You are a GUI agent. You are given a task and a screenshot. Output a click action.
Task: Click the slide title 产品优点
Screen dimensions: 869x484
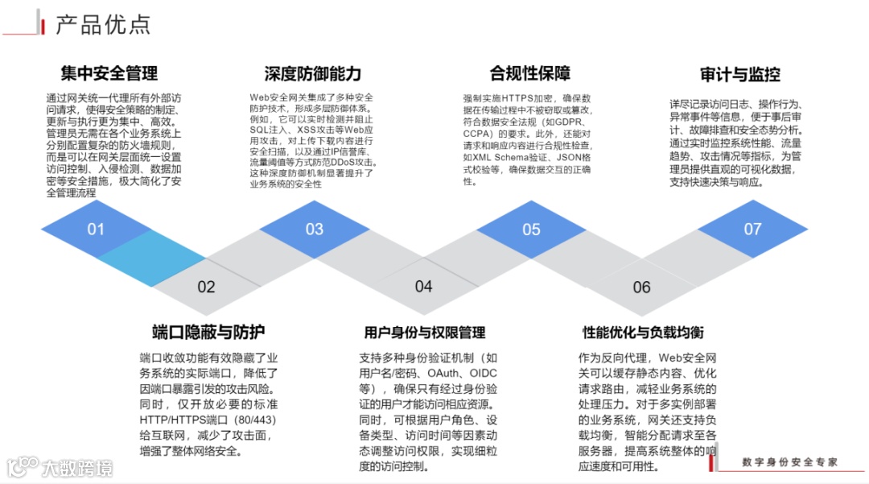pos(103,24)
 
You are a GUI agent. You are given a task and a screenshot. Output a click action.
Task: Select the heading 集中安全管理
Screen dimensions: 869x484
pos(109,74)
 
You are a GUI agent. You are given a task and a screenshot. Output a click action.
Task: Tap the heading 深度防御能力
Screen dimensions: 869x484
pos(313,74)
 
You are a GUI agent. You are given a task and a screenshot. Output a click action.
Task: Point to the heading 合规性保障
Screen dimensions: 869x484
pos(530,73)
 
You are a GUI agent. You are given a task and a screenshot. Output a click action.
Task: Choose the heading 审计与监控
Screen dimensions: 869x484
pos(739,75)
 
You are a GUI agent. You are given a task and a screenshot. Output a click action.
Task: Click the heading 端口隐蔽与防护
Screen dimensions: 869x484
pos(208,332)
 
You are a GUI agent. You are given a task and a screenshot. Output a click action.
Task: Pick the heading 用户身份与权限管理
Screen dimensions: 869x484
pos(425,333)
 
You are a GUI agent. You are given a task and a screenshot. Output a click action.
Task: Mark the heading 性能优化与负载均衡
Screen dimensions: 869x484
pos(643,333)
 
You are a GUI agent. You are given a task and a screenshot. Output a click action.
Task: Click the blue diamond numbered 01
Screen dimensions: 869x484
pos(96,230)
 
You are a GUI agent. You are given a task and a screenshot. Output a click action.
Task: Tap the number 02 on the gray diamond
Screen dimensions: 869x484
pos(207,287)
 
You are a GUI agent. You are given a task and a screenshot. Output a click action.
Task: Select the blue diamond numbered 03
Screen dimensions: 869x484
pos(314,230)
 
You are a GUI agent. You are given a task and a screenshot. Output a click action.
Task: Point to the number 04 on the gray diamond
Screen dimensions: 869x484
pos(423,287)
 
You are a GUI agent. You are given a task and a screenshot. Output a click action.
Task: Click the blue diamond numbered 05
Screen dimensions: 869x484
pos(531,230)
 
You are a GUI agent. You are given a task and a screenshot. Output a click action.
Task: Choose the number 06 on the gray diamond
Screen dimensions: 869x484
pos(641,288)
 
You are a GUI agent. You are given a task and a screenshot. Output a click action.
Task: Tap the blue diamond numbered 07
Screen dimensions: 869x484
pos(752,230)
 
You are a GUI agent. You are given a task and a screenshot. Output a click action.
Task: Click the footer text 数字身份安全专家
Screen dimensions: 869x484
pos(789,462)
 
